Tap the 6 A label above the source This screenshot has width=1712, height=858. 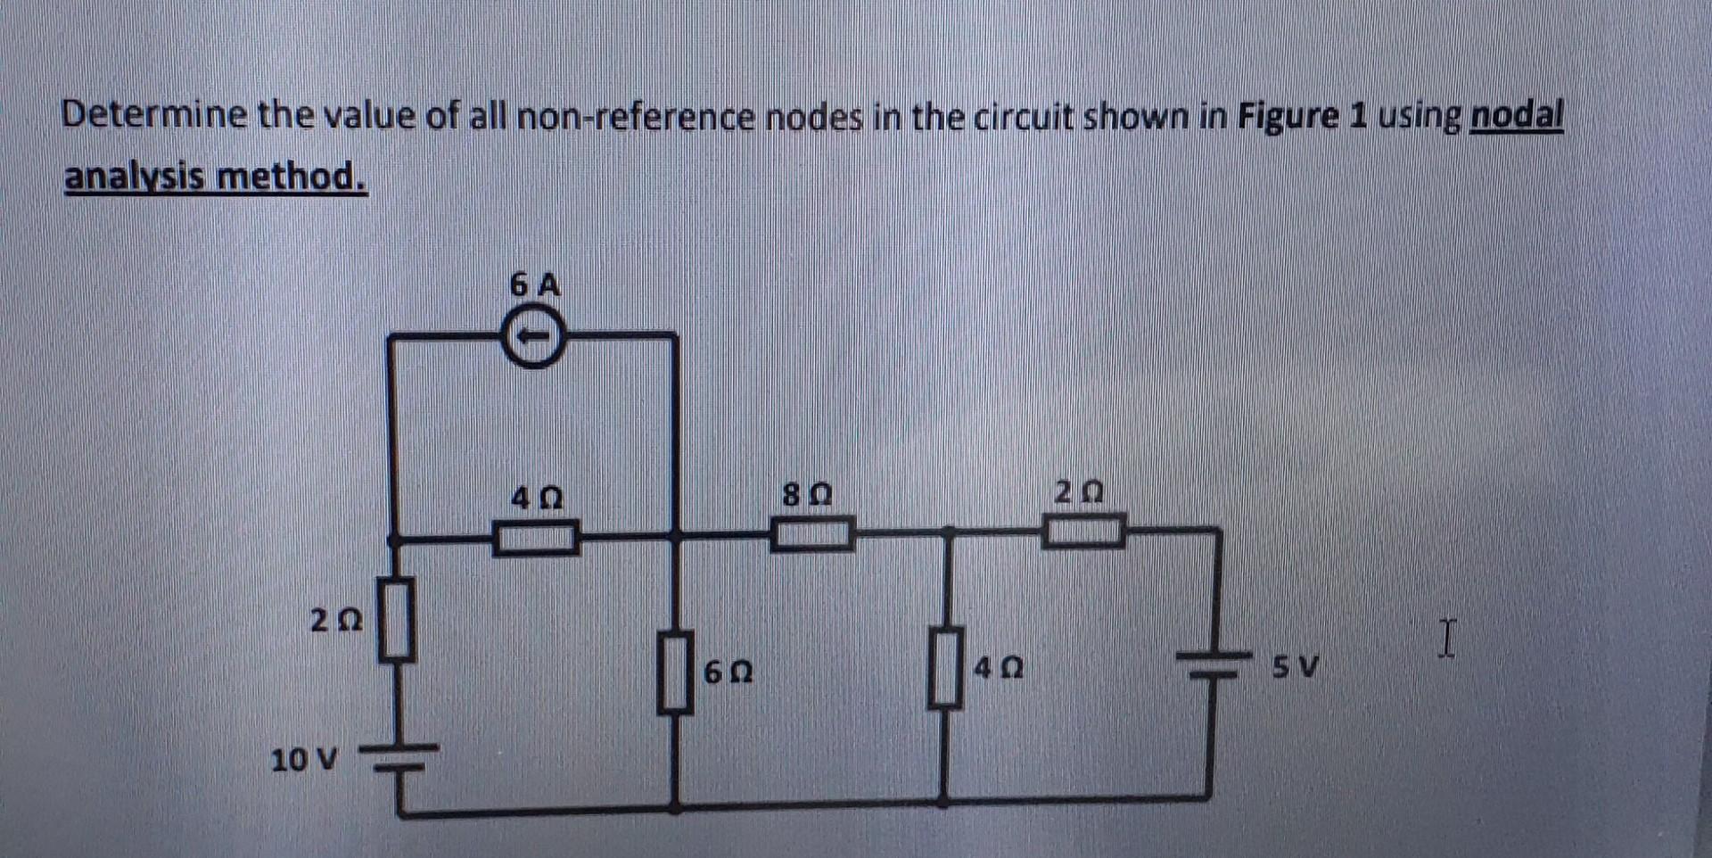coord(535,285)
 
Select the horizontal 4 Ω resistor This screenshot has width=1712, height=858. coord(536,538)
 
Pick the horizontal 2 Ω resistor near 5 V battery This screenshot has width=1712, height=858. coord(1083,531)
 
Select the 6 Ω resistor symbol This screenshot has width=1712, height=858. coord(676,672)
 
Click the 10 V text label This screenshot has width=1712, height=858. coord(304,761)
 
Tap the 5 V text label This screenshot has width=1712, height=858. coord(1295,666)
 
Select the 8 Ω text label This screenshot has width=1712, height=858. coord(807,493)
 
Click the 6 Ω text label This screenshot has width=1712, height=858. coord(728,672)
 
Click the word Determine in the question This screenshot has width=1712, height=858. coord(153,116)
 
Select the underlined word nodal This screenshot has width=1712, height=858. coord(1516,116)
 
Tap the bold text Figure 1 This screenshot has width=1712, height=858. coord(1302,117)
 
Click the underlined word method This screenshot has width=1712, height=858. coord(292,176)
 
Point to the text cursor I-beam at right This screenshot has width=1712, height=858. coord(1446,639)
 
